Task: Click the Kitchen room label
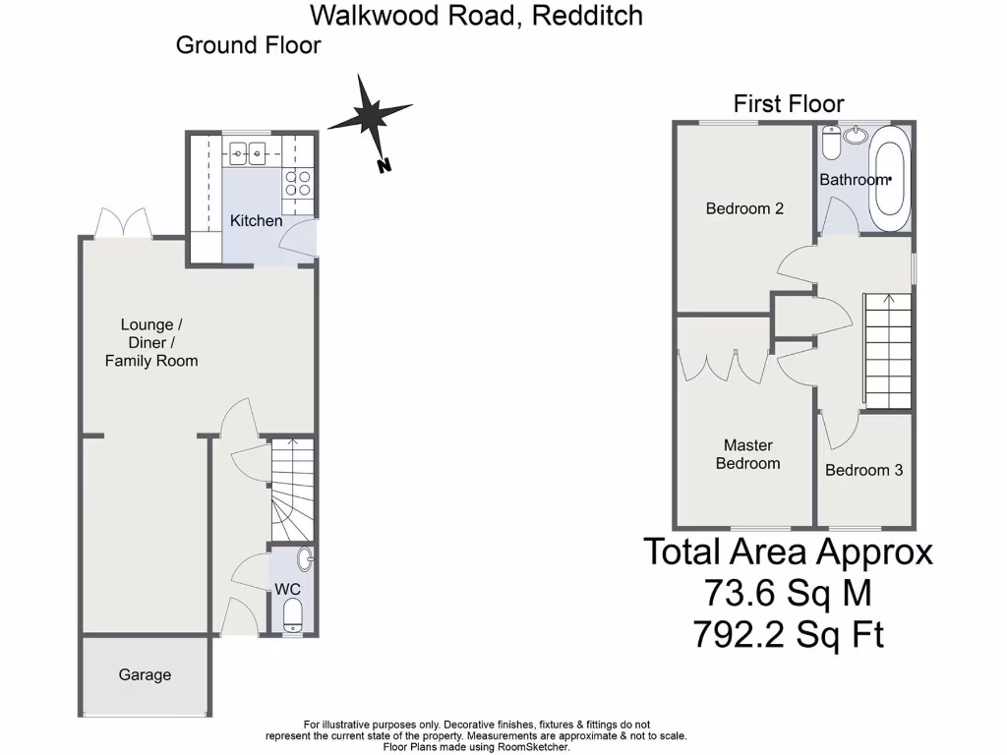pos(256,221)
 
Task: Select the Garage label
pos(145,675)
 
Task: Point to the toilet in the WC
pos(293,616)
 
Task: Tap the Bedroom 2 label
pos(744,208)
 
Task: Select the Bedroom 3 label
pos(863,470)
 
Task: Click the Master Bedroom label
pos(747,454)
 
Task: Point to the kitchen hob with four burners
pos(297,183)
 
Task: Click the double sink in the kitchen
pos(247,152)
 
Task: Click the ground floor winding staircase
pos(290,487)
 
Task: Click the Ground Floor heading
pos(248,45)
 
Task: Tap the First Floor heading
pos(789,103)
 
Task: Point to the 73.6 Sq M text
pos(788,594)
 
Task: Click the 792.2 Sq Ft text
pos(788,635)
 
